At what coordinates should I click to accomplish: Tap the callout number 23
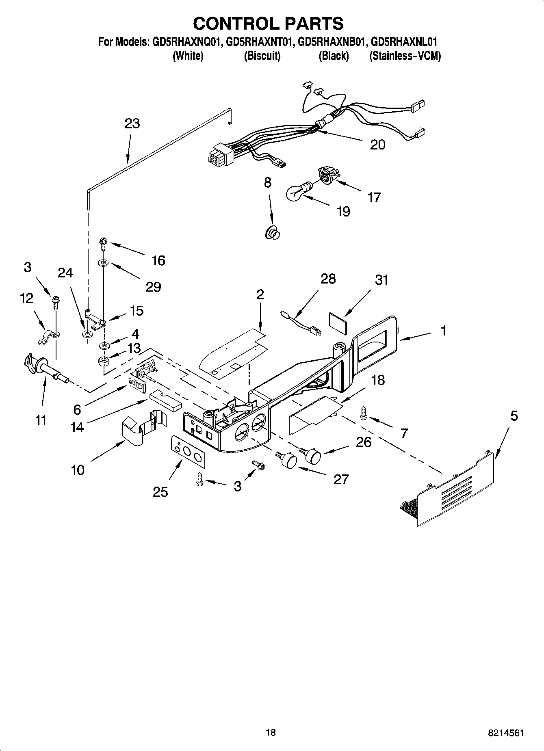click(x=132, y=123)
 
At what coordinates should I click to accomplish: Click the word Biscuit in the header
click(x=262, y=56)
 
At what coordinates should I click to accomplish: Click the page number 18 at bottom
click(x=271, y=732)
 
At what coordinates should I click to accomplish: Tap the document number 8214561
click(x=506, y=733)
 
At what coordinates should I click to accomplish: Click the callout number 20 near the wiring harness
click(x=377, y=145)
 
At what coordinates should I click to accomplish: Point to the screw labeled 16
click(x=103, y=245)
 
